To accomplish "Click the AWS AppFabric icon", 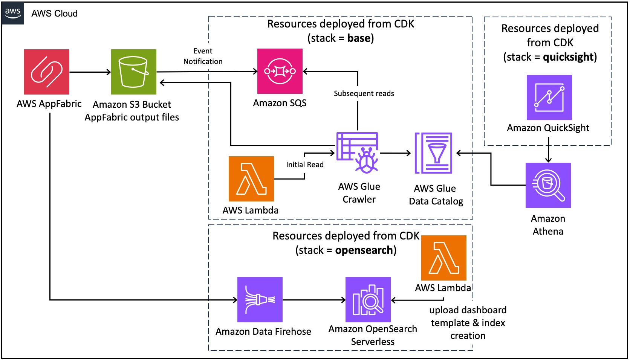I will [47, 72].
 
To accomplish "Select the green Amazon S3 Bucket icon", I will [134, 72].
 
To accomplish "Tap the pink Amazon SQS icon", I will [280, 71].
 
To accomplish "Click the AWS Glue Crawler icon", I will [358, 153].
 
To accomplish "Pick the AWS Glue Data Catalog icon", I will [434, 153].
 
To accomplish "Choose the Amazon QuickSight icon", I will [549, 98].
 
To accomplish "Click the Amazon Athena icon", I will [548, 185].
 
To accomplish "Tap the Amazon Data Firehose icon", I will [260, 300].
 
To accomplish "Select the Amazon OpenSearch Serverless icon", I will [368, 300].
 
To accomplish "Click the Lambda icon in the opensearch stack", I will [444, 258].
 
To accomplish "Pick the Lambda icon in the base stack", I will [251, 179].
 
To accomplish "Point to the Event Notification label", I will [203, 56].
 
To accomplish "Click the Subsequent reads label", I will [364, 93].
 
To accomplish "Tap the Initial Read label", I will [304, 165].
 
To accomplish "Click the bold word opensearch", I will [364, 250].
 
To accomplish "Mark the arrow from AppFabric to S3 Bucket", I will [90, 72].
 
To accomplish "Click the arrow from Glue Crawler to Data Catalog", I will [395, 153].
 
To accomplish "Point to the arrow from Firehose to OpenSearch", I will [314, 300].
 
